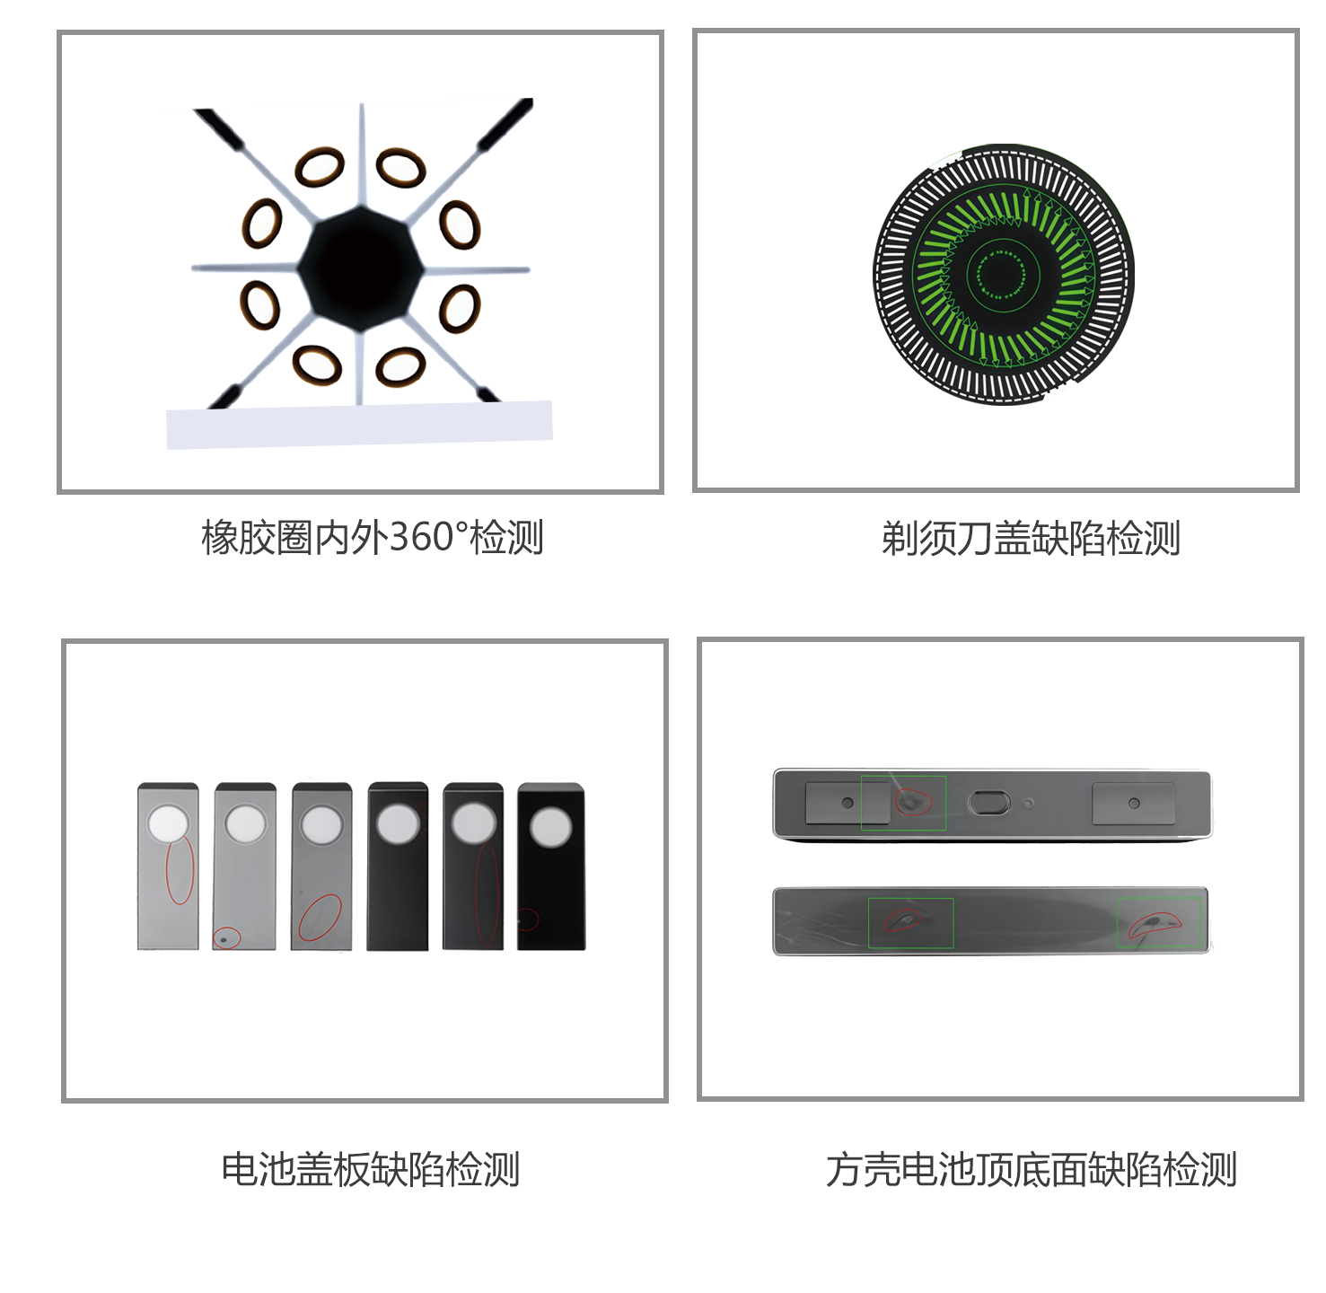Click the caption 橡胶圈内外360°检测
372,537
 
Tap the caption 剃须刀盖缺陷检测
1031,539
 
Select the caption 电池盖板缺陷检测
371,1169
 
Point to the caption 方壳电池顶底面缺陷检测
1031,1170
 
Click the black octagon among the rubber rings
361,269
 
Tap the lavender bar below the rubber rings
360,425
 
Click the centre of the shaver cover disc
1003,274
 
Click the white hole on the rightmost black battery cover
550,827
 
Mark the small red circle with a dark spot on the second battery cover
227,938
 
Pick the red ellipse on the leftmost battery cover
180,869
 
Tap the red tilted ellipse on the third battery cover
321,918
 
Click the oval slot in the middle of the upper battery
988,803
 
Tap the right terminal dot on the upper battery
1134,804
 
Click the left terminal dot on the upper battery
847,803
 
